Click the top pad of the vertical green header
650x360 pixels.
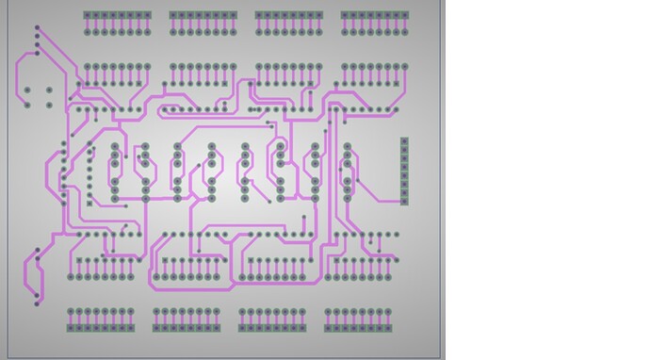click(x=404, y=141)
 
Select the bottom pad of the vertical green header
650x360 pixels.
click(x=404, y=200)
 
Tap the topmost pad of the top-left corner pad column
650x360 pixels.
click(x=38, y=29)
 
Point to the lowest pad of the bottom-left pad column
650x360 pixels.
click(x=38, y=302)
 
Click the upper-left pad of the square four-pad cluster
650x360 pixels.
click(x=27, y=90)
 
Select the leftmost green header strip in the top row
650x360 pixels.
click(x=117, y=15)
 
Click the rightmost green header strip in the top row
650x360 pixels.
click(x=375, y=15)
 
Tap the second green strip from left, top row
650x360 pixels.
click(x=203, y=15)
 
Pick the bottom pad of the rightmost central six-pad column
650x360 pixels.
click(x=347, y=199)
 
